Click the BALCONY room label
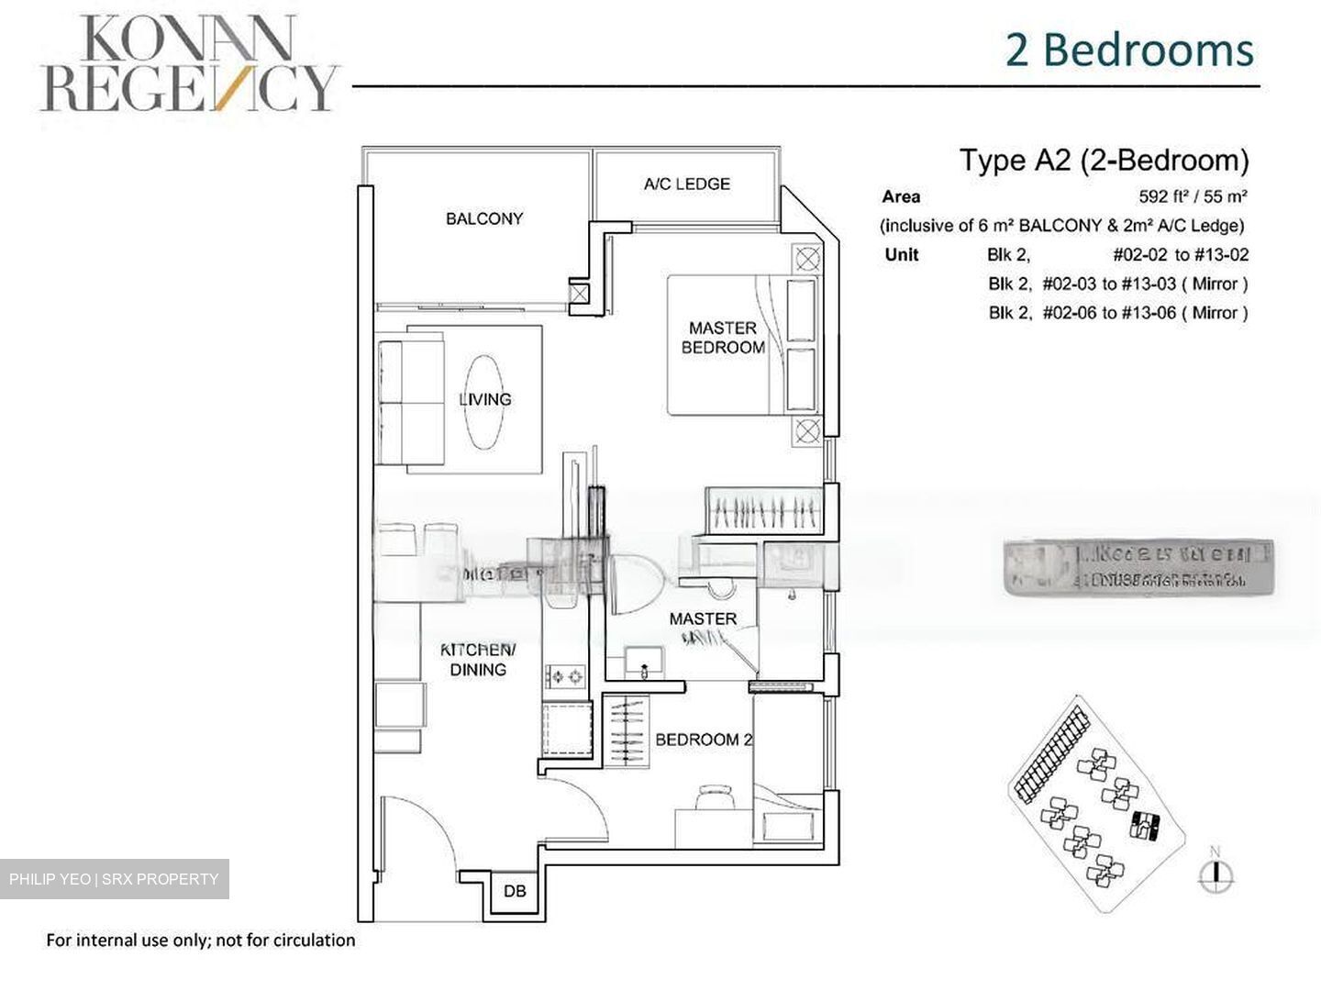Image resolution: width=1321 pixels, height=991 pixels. pos(484,218)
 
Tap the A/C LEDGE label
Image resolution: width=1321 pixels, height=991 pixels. pos(686,184)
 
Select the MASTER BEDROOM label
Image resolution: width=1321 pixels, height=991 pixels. pos(723,338)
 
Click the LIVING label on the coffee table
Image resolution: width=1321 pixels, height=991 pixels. pos(484,399)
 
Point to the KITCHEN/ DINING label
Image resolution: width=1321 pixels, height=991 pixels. pos(478,660)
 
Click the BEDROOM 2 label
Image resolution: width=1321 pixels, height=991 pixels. pos(704,740)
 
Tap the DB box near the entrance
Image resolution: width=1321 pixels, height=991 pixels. pos(515,891)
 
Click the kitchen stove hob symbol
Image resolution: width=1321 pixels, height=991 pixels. pos(565,677)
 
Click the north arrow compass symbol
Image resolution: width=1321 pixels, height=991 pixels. pos(1216,874)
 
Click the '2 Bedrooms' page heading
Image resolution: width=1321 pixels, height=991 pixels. pos(1129,50)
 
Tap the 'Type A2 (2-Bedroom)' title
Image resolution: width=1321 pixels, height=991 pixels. pos(1104,161)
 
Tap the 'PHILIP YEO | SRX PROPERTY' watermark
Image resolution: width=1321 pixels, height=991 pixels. pos(114,879)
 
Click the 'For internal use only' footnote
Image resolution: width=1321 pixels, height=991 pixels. pos(200,941)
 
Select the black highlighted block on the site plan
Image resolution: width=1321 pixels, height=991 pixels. pos(1146,825)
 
